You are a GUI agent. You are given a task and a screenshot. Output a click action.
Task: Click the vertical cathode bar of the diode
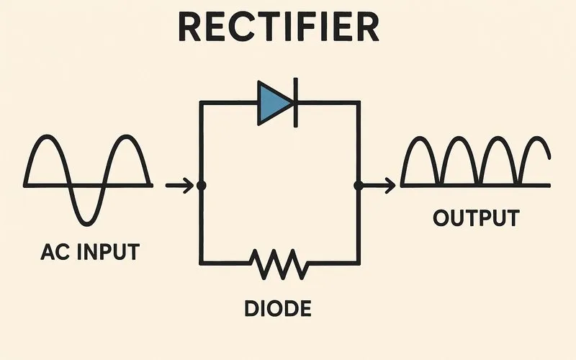coord(294,103)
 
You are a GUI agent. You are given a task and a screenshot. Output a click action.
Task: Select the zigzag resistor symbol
coord(279,264)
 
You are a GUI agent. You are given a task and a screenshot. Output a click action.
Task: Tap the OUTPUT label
coord(476,218)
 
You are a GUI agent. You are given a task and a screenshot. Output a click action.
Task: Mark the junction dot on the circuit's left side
coord(201,186)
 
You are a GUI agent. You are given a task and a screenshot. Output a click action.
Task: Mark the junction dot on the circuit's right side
coord(358,186)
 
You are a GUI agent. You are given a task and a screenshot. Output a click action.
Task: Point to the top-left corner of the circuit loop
coord(200,103)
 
